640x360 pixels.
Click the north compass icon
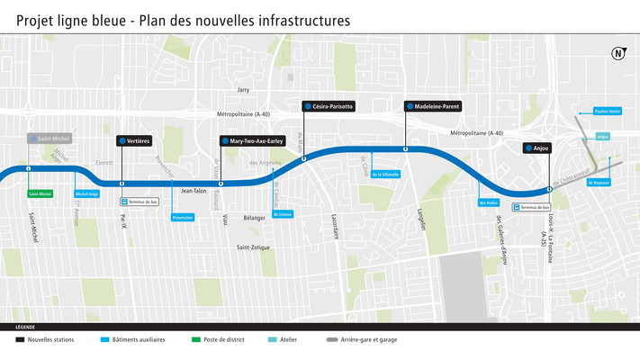tap(618, 54)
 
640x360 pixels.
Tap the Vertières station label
tap(134, 141)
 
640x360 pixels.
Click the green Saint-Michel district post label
tap(41, 193)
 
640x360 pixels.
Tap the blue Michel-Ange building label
tap(87, 193)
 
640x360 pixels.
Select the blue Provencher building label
tap(183, 218)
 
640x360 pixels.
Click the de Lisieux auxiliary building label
tap(283, 214)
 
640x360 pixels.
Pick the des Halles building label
tap(489, 202)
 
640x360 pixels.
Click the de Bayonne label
tap(599, 183)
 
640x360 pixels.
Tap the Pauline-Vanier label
tap(608, 112)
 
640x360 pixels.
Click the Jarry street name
tap(242, 90)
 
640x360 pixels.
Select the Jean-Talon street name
tap(194, 191)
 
